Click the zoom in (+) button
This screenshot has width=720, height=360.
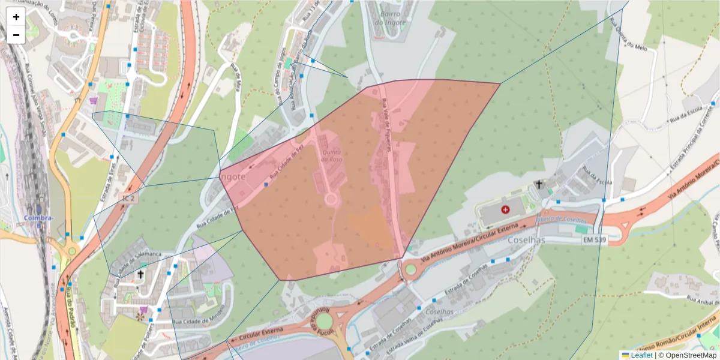click(x=16, y=17)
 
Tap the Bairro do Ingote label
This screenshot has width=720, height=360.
click(x=390, y=18)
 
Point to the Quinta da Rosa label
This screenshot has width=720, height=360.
click(x=331, y=155)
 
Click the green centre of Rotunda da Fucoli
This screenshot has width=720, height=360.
click(x=324, y=321)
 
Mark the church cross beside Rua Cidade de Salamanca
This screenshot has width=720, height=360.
click(x=140, y=274)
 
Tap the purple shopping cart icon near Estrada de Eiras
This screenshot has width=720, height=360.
click(x=94, y=101)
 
